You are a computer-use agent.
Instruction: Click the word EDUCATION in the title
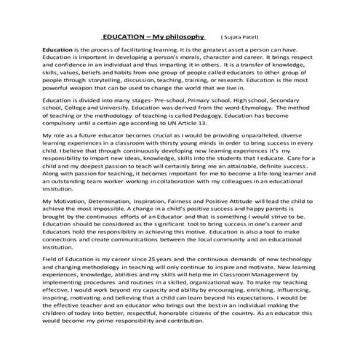124,35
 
